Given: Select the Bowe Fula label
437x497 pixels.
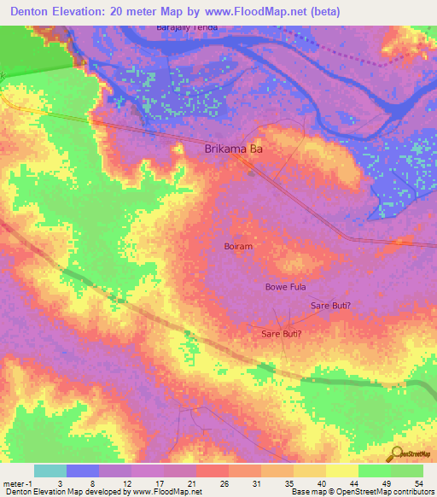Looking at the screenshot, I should [285, 288].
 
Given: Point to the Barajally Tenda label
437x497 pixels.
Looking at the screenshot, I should [186, 27].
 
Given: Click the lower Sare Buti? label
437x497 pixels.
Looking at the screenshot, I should [282, 334].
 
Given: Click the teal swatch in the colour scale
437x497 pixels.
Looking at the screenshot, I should [50, 471].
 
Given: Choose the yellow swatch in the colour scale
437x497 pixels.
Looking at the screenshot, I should [341, 471].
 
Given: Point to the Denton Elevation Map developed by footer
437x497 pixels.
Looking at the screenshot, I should [65, 492].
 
